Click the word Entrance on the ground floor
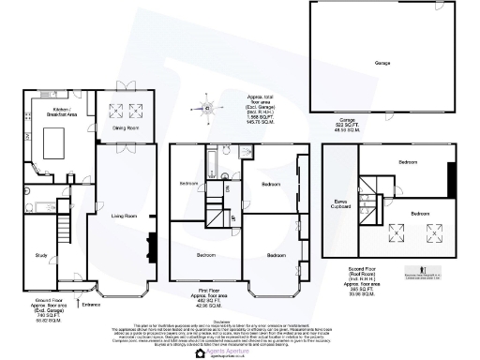(x=91, y=304)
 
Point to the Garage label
(x=382, y=63)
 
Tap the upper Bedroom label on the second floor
(x=407, y=162)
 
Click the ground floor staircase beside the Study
(x=64, y=225)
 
